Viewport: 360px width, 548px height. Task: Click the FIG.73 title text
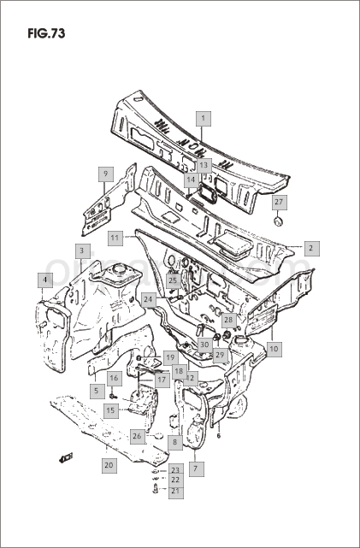coord(46,33)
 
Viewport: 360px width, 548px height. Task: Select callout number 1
coord(204,119)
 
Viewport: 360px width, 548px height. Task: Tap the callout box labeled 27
coord(280,203)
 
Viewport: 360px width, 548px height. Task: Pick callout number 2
coord(311,249)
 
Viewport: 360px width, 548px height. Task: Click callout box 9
coord(105,174)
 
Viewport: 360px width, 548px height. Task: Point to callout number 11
coord(115,239)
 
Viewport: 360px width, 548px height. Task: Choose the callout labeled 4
coord(45,280)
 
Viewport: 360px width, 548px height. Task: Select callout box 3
coord(82,251)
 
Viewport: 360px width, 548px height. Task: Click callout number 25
coord(174,280)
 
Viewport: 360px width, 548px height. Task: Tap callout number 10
coord(274,349)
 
